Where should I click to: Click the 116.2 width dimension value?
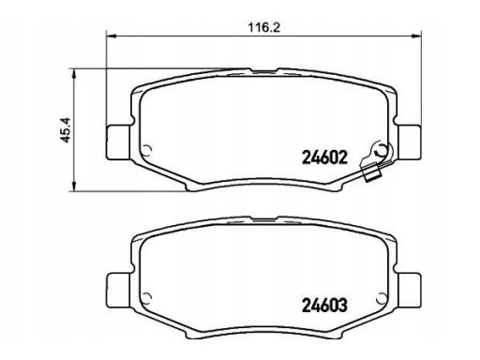point(264,27)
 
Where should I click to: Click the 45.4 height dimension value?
point(66,130)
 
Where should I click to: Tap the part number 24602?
point(324,157)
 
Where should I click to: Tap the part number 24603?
point(324,306)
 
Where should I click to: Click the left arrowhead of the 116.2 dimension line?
point(112,37)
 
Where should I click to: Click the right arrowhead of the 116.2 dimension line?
point(416,37)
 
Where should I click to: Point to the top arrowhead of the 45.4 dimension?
point(74,74)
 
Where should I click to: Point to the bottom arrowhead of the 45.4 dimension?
point(74,186)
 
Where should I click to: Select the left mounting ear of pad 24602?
point(119,142)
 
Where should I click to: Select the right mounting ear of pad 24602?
point(410,142)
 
